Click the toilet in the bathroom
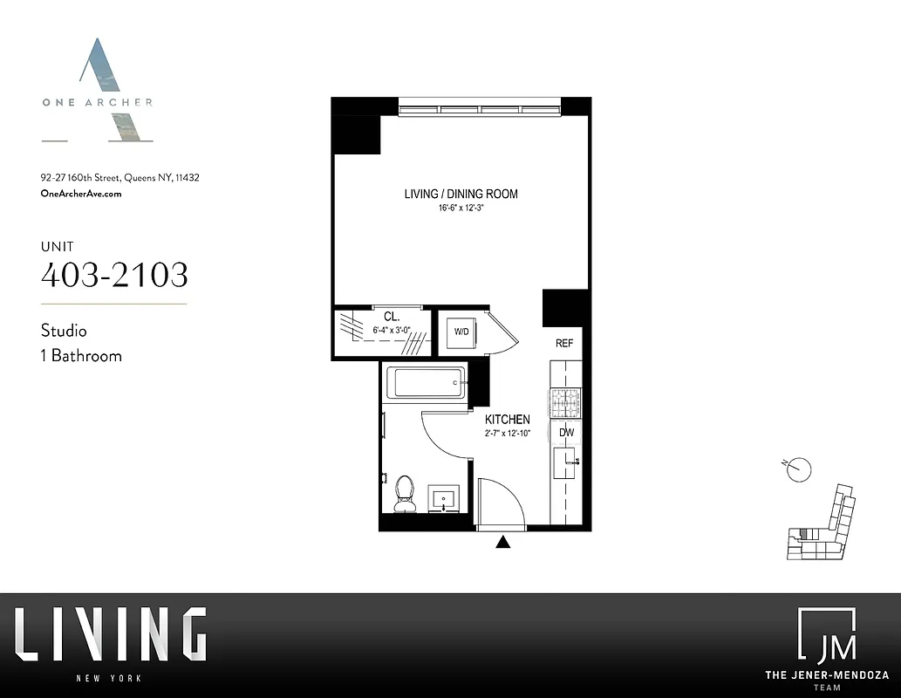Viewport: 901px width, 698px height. point(405,493)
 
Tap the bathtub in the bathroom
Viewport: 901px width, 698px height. point(427,382)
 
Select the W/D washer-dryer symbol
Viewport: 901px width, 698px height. point(460,332)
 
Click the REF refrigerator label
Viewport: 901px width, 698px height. point(564,343)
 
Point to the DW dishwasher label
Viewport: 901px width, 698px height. point(565,432)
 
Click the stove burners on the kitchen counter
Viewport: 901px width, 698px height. point(563,402)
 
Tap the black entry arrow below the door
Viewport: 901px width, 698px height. point(502,543)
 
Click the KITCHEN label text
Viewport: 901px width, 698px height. point(508,420)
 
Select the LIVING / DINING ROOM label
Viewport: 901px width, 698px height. point(461,194)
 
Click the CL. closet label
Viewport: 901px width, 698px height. point(391,316)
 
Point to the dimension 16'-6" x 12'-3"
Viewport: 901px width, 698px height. point(461,209)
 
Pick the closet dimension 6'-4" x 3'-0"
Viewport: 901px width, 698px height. point(391,330)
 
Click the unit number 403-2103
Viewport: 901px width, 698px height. point(114,275)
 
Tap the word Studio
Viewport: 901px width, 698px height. point(64,331)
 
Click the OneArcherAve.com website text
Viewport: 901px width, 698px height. point(81,194)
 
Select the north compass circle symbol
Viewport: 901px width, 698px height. point(800,470)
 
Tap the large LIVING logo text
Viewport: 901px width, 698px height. point(110,634)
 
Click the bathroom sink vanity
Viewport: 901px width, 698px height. point(447,500)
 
